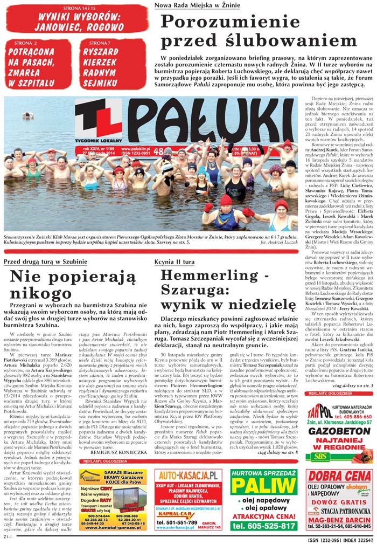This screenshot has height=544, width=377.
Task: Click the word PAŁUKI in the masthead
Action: (x=215, y=123)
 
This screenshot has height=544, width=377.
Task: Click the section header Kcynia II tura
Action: (x=176, y=261)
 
